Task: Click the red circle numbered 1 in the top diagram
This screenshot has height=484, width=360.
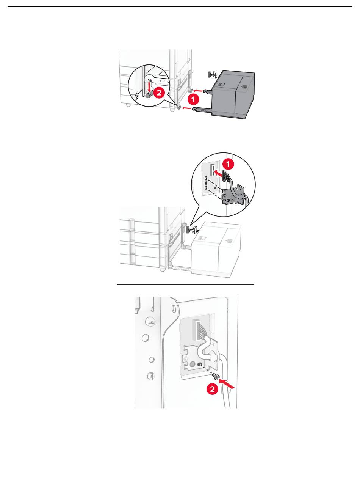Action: pos(193,99)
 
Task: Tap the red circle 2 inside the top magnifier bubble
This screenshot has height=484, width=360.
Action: pos(159,93)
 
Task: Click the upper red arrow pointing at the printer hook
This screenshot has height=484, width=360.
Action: pos(198,90)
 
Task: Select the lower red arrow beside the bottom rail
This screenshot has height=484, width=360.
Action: pos(187,108)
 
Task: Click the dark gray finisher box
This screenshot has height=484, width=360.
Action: pos(233,94)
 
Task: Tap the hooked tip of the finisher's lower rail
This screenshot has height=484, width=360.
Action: pos(194,109)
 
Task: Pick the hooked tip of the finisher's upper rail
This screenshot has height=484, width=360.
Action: pos(205,91)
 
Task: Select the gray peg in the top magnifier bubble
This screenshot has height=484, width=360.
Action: pos(148,95)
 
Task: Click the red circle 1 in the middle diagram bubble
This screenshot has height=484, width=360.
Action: pos(228,164)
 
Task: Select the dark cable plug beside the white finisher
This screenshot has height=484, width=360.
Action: pos(187,229)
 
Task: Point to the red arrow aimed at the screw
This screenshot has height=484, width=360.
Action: pos(226,383)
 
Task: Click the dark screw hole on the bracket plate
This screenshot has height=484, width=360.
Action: pos(199,364)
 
